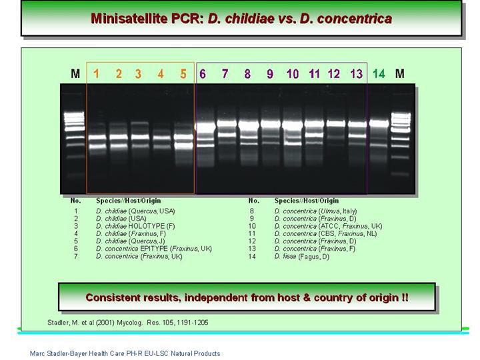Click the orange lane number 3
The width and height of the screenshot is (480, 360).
[139, 74]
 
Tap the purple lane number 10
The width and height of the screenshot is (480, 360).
[293, 74]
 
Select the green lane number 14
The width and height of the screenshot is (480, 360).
[379, 74]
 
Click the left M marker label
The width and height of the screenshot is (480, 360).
[75, 74]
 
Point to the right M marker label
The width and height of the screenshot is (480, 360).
[400, 74]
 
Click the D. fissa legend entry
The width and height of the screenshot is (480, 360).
[302, 257]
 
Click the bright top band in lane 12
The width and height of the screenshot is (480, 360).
[336, 124]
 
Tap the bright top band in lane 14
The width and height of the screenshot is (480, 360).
[379, 123]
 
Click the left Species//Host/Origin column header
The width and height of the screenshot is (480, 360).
[129, 201]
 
